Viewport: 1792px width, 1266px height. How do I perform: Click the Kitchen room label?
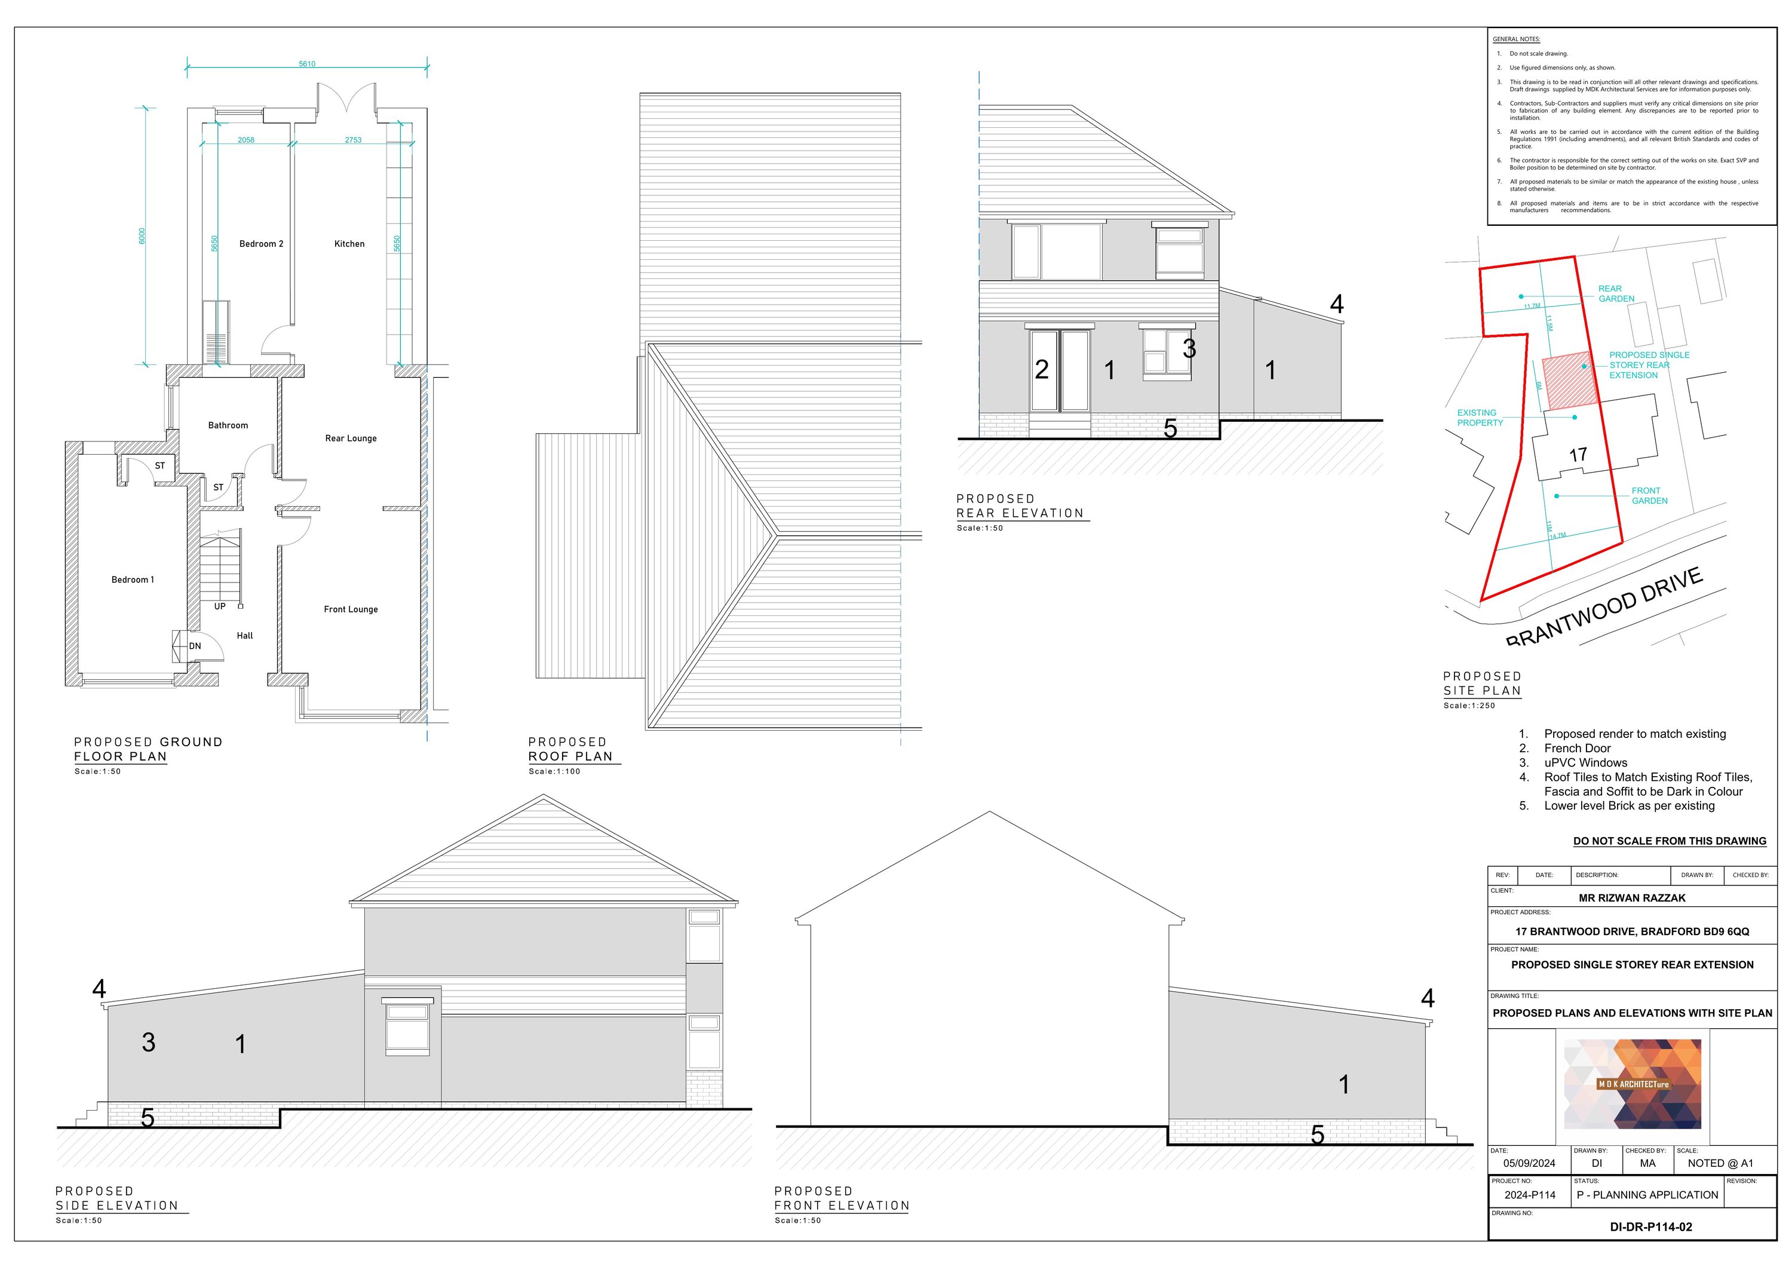349,244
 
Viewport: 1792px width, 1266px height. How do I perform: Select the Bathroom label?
228,425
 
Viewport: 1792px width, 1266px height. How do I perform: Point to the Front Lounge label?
351,609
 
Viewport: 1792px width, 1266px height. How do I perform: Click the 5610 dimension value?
307,64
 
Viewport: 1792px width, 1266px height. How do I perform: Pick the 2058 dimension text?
246,140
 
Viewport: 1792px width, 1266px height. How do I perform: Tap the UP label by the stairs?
219,606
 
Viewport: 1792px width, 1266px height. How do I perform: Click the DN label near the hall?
195,646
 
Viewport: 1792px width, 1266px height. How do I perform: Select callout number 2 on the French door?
1041,370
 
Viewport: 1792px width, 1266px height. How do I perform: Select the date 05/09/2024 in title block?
1529,1163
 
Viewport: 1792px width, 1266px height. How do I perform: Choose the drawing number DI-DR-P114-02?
1651,1227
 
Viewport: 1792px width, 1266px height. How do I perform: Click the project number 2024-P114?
1530,1195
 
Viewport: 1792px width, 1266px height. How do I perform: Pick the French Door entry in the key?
1576,749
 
